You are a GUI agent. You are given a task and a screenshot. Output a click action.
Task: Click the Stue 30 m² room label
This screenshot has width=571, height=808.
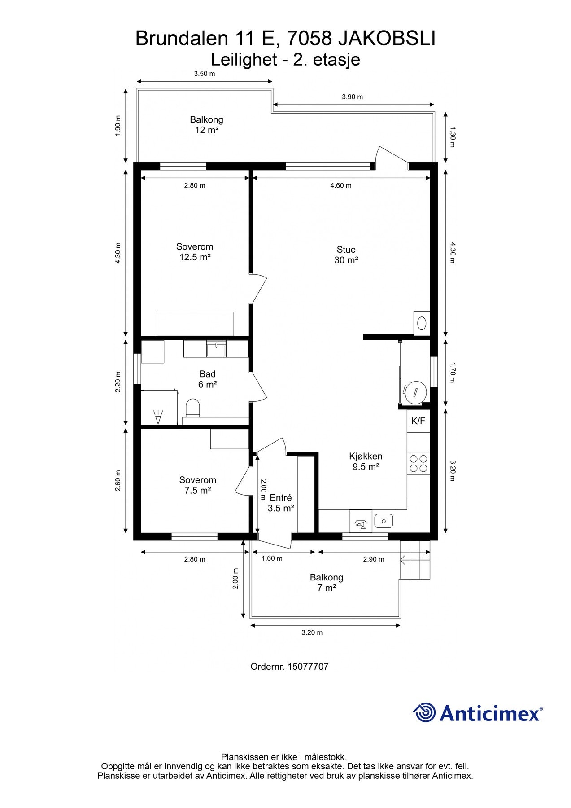[346, 255]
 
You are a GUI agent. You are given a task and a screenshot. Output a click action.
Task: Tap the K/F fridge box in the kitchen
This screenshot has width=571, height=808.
[418, 421]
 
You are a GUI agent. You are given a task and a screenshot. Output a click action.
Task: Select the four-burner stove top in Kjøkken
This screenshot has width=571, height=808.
[418, 464]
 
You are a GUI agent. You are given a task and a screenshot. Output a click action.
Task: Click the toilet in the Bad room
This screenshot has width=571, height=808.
[192, 408]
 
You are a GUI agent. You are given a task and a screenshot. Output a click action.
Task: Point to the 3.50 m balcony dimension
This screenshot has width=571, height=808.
[204, 74]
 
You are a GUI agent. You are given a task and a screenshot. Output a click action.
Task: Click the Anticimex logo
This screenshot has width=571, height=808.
[478, 712]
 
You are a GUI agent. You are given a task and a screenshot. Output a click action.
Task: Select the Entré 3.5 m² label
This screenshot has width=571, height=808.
[281, 503]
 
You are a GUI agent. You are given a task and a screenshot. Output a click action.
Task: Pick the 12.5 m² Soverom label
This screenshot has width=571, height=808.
[195, 252]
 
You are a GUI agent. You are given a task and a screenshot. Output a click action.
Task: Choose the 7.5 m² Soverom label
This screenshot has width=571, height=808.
[197, 485]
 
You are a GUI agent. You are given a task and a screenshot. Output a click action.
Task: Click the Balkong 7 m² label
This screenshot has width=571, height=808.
[327, 583]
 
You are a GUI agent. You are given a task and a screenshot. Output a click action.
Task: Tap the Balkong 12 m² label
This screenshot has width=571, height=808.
[206, 125]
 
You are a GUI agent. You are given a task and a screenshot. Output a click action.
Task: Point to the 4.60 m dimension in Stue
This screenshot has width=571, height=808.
[341, 185]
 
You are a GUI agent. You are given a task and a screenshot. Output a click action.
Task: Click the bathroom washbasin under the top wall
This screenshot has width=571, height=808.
[217, 349]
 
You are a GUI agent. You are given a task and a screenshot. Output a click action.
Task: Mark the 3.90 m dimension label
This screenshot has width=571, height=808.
[352, 97]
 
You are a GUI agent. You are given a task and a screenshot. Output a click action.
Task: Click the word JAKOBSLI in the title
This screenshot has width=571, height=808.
[386, 39]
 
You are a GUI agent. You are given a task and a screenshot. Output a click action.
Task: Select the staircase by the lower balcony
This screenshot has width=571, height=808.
[415, 560]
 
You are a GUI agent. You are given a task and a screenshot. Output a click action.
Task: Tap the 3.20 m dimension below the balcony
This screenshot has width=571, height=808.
[312, 632]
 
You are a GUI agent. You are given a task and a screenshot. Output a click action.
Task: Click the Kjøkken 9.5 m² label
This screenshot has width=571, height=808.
[366, 461]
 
